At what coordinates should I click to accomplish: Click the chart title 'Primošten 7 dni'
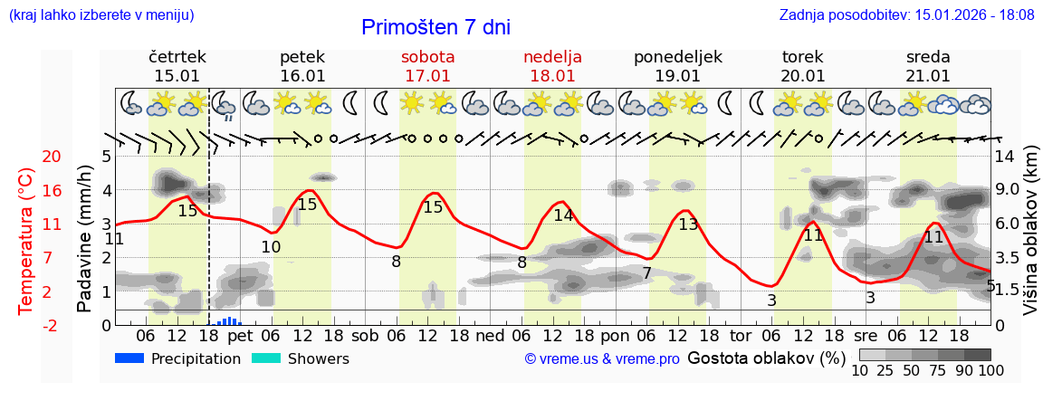(x=435, y=27)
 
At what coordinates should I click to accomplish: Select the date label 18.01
(x=552, y=76)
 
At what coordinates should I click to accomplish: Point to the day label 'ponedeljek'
(x=677, y=56)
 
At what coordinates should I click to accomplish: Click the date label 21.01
(x=928, y=76)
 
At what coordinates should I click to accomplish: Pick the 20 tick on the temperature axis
(x=27, y=157)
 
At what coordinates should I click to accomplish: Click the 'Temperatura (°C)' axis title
(x=27, y=241)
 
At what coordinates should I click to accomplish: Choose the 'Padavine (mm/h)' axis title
(x=85, y=239)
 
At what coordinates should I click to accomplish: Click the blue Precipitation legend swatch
(x=130, y=358)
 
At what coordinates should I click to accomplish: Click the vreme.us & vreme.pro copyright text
(x=602, y=359)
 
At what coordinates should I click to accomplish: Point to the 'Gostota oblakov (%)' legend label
(x=766, y=358)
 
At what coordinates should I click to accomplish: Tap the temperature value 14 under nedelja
(x=563, y=215)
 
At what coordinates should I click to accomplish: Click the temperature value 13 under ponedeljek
(x=688, y=224)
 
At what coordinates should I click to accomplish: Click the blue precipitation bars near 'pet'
(x=227, y=320)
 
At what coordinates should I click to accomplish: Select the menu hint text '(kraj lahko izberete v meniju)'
(x=101, y=15)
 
